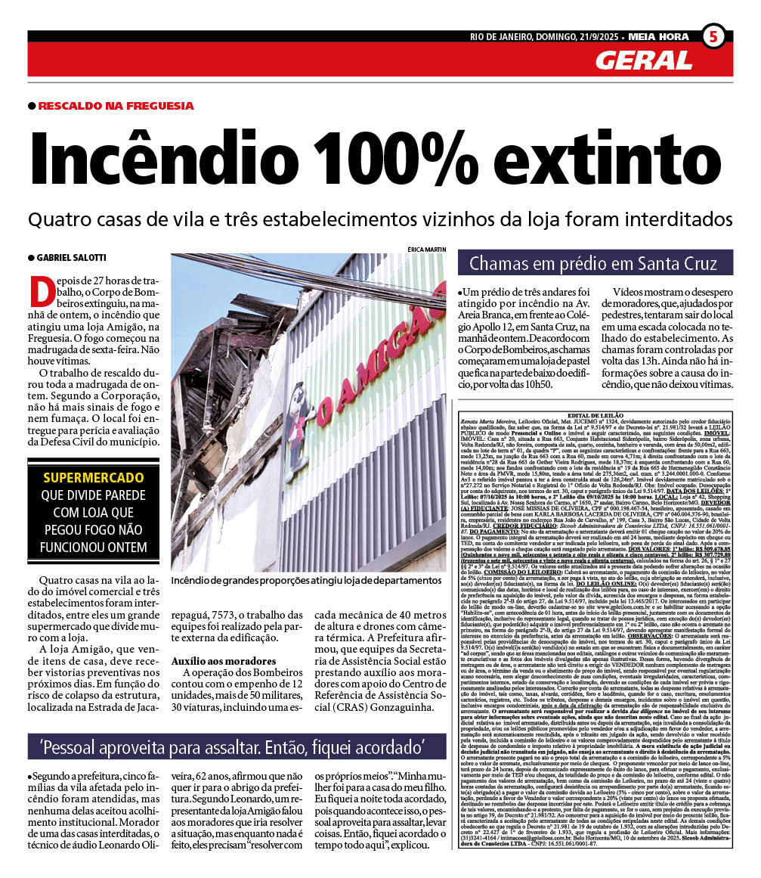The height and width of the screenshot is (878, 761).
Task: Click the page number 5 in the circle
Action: pyautogui.click(x=713, y=36)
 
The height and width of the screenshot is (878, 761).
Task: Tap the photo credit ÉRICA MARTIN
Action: pyautogui.click(x=426, y=249)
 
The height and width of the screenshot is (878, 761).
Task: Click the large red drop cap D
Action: pyautogui.click(x=39, y=291)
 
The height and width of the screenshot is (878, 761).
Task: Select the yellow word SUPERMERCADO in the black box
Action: pyautogui.click(x=93, y=478)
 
